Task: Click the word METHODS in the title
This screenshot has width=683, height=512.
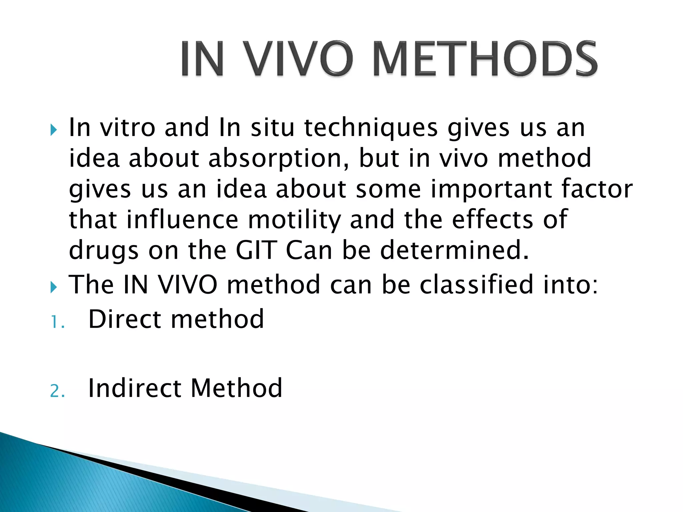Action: click(x=485, y=59)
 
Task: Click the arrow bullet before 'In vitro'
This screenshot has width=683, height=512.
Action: click(x=53, y=130)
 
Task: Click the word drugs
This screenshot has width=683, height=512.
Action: click(x=103, y=251)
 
